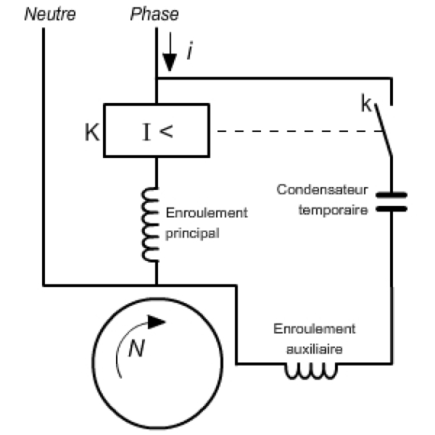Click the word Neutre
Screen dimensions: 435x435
pos(50,14)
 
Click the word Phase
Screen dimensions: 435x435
pos(154,14)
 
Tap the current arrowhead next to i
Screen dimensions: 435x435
pos(169,63)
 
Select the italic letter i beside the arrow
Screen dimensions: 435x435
pos(190,50)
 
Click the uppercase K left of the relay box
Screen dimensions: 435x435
pos(92,132)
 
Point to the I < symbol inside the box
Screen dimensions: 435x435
pos(157,132)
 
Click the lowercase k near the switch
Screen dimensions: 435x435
pos(366,103)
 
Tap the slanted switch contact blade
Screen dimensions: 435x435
pos(383,130)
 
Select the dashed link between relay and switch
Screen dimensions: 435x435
pos(300,131)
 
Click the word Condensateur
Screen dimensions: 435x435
pos(322,190)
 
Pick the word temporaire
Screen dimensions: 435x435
pos(333,210)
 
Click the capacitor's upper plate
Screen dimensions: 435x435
pos(391,195)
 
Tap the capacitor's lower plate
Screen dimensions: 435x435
pos(391,209)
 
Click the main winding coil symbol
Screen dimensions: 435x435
pos(150,224)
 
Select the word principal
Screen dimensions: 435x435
pos(192,234)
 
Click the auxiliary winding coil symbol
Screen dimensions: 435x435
pos(311,371)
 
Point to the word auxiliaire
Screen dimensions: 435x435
pos(314,349)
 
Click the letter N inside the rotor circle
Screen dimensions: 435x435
pos(137,348)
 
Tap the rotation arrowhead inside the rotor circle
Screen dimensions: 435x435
pos(156,322)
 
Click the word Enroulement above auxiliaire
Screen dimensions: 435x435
pos(314,329)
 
